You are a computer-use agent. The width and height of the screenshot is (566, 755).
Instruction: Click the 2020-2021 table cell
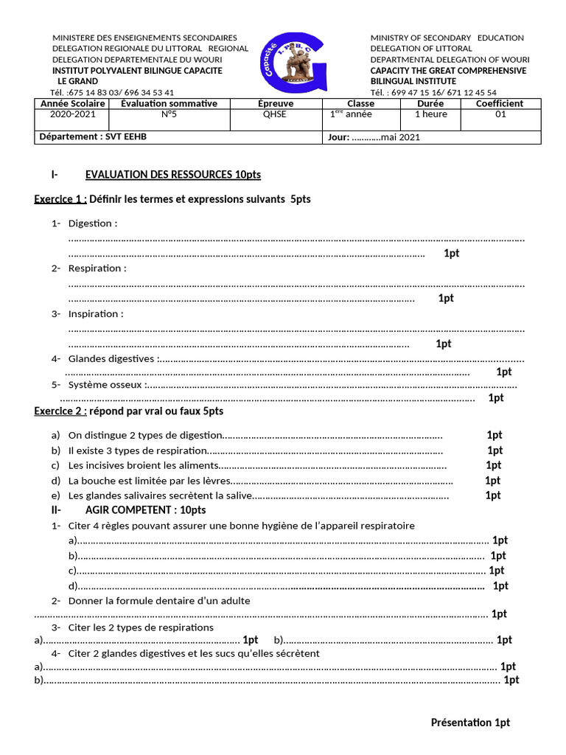(72, 114)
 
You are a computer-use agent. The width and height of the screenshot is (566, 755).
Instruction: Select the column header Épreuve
(276, 104)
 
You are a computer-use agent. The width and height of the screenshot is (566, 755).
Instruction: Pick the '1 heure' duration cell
(430, 114)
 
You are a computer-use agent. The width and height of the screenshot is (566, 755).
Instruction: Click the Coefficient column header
(500, 104)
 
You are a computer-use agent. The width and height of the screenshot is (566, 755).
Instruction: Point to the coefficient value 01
(500, 114)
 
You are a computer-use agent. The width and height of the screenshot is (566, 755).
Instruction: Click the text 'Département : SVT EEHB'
(97, 136)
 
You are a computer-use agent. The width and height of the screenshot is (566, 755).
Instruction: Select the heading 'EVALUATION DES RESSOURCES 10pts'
(172, 175)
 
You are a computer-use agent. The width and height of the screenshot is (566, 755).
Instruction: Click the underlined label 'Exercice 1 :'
(60, 199)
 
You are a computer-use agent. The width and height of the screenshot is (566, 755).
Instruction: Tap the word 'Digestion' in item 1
(91, 223)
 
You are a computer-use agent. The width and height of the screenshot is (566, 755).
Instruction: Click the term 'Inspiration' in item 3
(94, 313)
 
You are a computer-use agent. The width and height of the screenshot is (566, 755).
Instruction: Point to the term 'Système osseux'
(105, 384)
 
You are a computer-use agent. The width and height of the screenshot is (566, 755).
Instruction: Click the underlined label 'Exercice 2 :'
(60, 411)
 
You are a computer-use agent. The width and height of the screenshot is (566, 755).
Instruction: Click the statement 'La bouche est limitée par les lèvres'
(147, 481)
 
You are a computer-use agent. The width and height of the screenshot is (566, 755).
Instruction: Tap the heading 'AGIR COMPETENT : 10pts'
(145, 510)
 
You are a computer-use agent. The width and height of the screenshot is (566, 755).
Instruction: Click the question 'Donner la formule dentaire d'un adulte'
(159, 601)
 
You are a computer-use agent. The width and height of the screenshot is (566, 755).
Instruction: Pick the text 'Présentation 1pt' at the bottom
(470, 723)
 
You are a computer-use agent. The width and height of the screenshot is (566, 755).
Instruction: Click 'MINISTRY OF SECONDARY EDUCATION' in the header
(447, 38)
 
